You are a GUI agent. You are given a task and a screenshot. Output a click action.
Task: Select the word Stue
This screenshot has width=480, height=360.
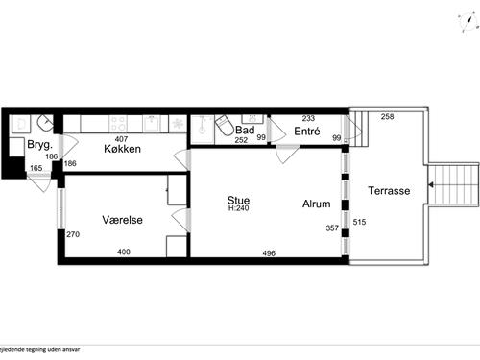[238, 201]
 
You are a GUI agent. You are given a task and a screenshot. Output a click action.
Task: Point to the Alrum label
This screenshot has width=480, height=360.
[317, 204]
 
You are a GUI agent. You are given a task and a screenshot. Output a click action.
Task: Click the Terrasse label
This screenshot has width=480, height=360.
[389, 191]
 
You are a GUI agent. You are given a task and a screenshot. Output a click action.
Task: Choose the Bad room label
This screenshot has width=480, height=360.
[244, 130]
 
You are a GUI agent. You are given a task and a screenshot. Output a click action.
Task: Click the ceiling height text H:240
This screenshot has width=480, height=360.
[238, 210]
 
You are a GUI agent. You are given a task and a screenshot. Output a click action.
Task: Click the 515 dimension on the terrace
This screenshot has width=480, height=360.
[360, 222]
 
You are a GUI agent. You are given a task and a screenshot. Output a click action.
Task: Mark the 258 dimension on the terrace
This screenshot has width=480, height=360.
[387, 117]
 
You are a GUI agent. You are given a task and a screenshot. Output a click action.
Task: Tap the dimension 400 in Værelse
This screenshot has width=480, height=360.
[123, 252]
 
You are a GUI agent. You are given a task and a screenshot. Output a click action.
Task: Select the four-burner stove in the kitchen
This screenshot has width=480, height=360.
[120, 124]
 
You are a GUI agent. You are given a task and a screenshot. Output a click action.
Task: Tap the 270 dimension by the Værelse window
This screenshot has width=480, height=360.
[71, 234]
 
